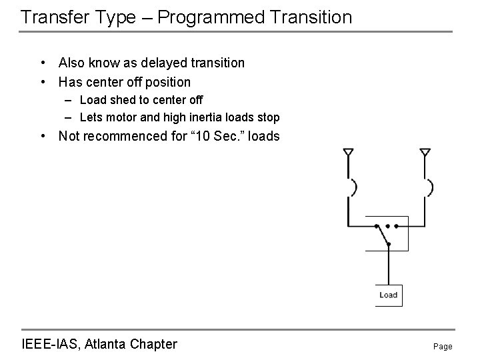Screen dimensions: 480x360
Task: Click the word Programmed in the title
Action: click(211, 18)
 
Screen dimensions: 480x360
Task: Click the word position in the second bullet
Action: click(168, 83)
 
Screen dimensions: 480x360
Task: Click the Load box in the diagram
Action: click(389, 295)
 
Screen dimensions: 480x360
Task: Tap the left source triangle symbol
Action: click(349, 152)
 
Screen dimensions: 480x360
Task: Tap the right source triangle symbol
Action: click(425, 152)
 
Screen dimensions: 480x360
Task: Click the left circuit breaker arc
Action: click(355, 187)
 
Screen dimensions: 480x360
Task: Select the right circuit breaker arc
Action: click(431, 187)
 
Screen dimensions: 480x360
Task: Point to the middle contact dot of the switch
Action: click(387, 226)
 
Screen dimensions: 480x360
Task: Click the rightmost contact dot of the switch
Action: click(396, 226)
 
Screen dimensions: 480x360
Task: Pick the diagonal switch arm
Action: click(383, 235)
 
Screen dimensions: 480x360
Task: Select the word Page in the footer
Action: click(443, 347)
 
